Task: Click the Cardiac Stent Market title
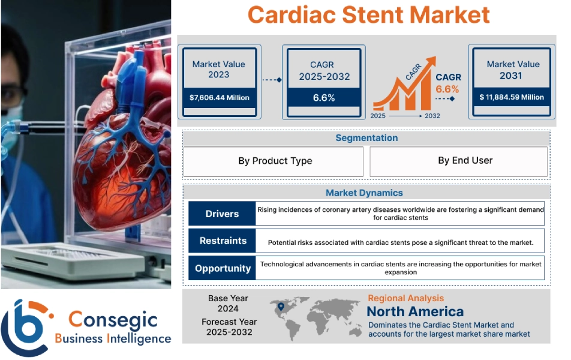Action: [368, 15]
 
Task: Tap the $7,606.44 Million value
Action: [219, 97]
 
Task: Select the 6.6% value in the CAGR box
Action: [324, 98]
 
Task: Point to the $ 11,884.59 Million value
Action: [511, 97]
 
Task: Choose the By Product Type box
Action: [275, 161]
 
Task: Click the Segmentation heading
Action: [366, 138]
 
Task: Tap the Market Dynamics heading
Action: [364, 193]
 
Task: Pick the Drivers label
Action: [222, 214]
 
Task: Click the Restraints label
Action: [223, 241]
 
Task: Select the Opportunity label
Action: [223, 268]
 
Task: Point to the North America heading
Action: [415, 311]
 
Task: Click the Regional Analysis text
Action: [405, 298]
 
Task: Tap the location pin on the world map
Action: [280, 308]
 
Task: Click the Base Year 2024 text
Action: [228, 304]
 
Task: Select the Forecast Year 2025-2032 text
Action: [229, 327]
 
